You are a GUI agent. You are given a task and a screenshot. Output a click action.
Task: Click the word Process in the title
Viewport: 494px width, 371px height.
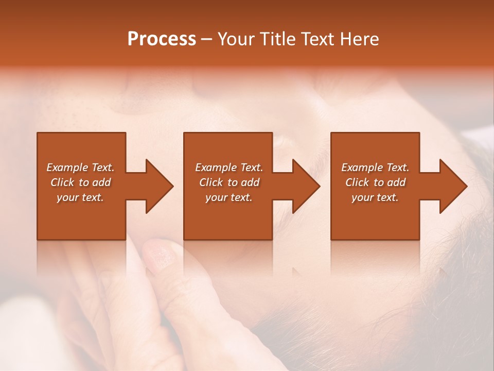coord(162,39)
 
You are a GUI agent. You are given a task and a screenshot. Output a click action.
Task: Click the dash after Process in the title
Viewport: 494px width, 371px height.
coord(207,40)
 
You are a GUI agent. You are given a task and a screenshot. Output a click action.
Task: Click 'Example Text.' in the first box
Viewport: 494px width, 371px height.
coord(81,167)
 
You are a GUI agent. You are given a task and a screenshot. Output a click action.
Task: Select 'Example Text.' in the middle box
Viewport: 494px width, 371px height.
coord(229,167)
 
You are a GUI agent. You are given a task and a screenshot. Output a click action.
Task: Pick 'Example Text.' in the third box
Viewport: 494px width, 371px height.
coord(375,167)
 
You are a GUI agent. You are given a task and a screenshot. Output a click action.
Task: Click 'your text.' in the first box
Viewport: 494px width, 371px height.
coord(81,197)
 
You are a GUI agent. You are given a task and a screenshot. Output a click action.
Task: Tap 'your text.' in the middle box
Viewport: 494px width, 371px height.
coord(229,197)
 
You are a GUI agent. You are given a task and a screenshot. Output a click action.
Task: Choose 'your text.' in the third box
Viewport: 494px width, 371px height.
coord(375,197)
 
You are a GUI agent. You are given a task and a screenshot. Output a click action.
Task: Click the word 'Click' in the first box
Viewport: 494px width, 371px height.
coord(62,182)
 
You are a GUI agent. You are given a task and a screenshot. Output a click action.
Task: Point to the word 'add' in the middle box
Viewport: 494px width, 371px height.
coord(251,182)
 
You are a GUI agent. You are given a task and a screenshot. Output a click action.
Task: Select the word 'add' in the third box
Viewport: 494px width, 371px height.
coord(397,182)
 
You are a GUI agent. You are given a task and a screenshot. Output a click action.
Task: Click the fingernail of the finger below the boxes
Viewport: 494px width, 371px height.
coord(161,257)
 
